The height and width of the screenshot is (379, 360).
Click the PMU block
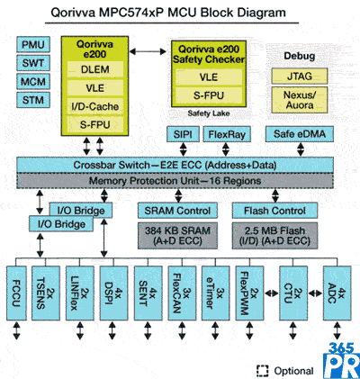click(x=33, y=45)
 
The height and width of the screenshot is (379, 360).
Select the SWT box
click(x=33, y=63)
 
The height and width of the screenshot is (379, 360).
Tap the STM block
click(x=33, y=100)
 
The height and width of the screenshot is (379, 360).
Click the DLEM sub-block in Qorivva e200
click(x=95, y=69)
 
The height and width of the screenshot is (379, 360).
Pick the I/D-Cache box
click(x=95, y=106)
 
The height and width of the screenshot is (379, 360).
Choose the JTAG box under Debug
click(x=300, y=76)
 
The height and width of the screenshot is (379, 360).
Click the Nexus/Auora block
click(x=300, y=100)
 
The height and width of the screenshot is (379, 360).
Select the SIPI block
click(x=183, y=134)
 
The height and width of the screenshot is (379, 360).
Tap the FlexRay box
click(x=227, y=134)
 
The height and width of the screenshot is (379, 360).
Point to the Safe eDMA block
click(x=300, y=134)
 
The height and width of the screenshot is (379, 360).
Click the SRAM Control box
click(x=177, y=211)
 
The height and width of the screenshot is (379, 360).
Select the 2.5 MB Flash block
click(x=274, y=236)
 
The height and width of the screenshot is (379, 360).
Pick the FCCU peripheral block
click(x=16, y=293)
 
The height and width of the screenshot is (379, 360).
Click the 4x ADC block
click(x=337, y=293)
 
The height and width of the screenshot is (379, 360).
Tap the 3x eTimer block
click(x=215, y=293)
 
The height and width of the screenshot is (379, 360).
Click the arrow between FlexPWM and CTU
click(x=272, y=293)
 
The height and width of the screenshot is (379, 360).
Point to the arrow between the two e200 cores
click(x=148, y=51)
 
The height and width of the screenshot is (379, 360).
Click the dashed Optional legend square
click(x=263, y=371)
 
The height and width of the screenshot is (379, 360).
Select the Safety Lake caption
click(x=209, y=113)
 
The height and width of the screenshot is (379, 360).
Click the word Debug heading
click(x=299, y=56)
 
